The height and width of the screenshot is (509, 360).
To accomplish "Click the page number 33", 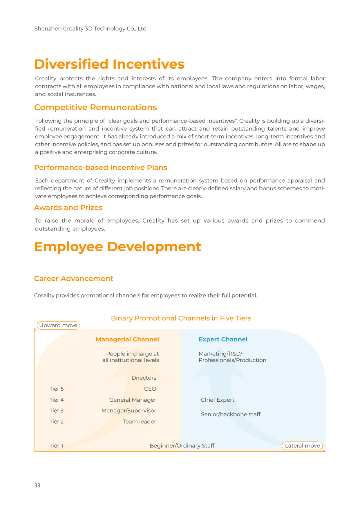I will (x=37, y=485).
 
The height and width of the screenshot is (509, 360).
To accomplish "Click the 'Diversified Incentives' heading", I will (x=109, y=64).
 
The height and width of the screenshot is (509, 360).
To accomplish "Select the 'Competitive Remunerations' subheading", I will (x=95, y=107).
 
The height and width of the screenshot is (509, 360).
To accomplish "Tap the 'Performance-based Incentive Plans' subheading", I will (x=100, y=167).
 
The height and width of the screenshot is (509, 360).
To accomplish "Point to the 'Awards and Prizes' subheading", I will (x=68, y=207).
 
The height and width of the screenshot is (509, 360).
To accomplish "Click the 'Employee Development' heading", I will (x=117, y=247).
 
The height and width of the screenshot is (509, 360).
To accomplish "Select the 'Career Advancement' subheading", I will (x=73, y=279).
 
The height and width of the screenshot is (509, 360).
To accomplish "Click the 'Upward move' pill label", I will (x=58, y=325).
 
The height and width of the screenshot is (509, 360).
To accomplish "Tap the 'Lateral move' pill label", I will (x=302, y=446).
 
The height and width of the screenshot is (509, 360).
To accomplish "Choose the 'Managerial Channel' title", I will (x=127, y=339).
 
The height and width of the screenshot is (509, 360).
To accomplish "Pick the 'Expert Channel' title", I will (x=223, y=339).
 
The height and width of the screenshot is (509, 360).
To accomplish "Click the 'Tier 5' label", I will (x=57, y=389).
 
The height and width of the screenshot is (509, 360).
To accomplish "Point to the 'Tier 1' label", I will (x=56, y=446).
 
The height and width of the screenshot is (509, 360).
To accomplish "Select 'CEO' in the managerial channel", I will (x=150, y=389).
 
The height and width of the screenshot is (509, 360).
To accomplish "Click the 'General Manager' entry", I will (x=133, y=400).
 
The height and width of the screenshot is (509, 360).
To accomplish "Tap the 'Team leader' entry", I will (x=139, y=422).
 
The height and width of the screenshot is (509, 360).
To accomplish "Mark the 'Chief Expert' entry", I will (x=218, y=400).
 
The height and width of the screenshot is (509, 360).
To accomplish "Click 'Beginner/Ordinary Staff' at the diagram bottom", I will (x=182, y=446).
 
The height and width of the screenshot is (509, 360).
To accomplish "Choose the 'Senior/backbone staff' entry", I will (x=231, y=414).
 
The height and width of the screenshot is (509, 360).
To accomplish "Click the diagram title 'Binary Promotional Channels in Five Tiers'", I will (x=181, y=318).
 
